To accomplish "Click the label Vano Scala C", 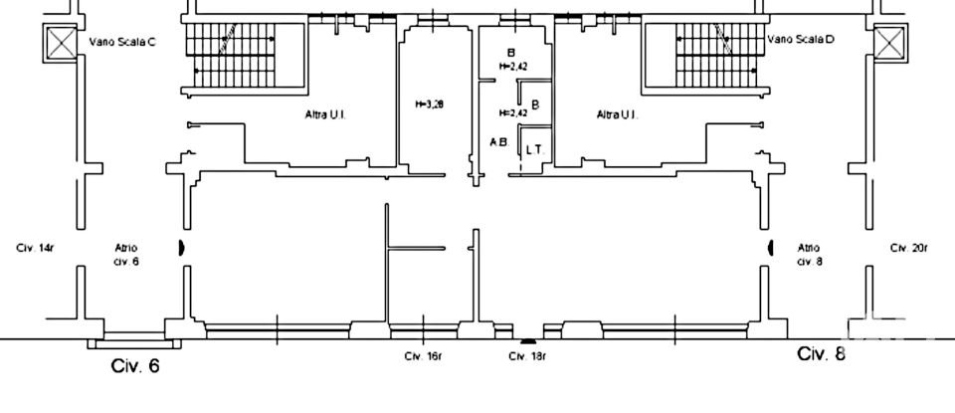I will click(x=122, y=42).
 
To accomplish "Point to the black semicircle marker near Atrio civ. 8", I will click(x=770, y=248).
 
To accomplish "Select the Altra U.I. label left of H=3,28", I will click(x=324, y=115).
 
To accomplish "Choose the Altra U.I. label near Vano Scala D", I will click(x=616, y=115).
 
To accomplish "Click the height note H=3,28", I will click(x=429, y=104).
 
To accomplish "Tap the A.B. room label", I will click(x=498, y=142).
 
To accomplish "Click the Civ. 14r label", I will click(x=35, y=247).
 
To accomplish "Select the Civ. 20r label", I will click(x=907, y=247).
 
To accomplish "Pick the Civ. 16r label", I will click(x=423, y=355).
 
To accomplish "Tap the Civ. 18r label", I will click(x=524, y=355).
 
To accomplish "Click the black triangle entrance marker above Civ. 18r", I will click(x=527, y=339).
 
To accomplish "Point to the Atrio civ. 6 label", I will click(x=126, y=254).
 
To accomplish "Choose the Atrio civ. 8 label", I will click(x=808, y=254).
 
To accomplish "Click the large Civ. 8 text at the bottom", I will click(x=822, y=354).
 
